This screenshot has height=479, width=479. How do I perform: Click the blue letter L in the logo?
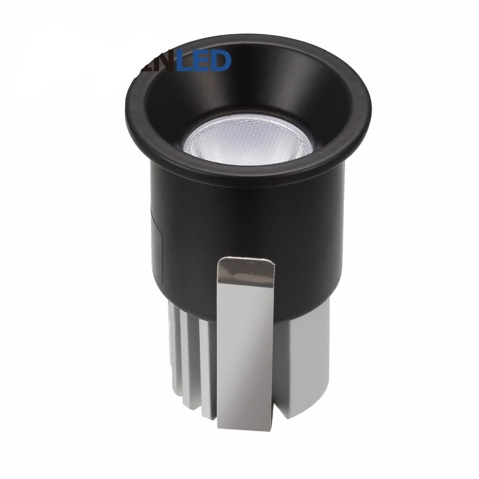(184, 61)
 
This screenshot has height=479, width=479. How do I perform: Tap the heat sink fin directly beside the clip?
(207, 369)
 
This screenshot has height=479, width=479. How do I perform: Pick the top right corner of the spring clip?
(273, 262)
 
